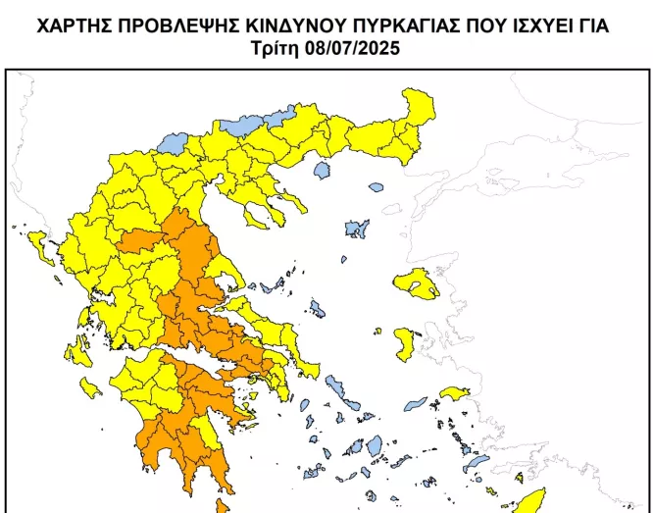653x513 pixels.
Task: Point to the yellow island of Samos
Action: point(454,394)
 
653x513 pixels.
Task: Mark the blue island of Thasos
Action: point(322,171)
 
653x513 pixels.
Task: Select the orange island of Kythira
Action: point(221,506)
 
